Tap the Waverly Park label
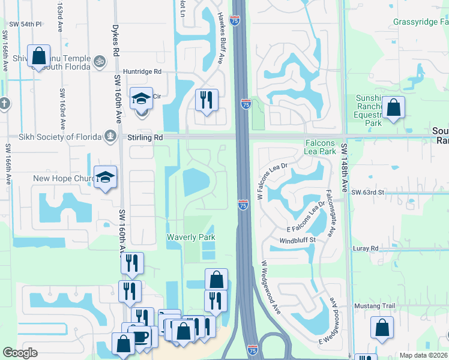point(191,238)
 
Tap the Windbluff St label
point(297,240)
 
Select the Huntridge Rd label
point(143,71)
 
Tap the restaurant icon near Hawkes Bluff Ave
point(206,100)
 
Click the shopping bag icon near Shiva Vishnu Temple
point(38,56)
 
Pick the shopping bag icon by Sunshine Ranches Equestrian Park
point(393,109)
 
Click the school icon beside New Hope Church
point(106,177)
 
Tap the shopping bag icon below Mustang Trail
point(382,328)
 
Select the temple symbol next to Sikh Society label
point(110,137)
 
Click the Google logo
point(20,353)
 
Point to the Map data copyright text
point(423,355)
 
